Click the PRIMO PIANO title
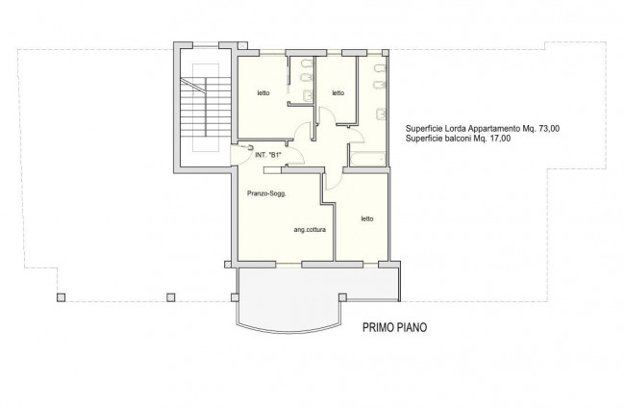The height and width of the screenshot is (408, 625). pos(394,327)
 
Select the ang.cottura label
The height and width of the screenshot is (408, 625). pos(310,230)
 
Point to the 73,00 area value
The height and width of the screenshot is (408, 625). pos(549,129)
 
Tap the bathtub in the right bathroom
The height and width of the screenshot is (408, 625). pos(367,159)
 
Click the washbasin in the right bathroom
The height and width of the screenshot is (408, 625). pos(381,115)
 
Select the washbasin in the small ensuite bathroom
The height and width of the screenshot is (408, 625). pos(309,96)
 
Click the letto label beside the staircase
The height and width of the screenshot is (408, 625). pos(263,93)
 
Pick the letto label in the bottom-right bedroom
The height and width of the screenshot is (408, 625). pos(367,218)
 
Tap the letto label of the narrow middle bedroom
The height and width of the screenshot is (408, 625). pos(338,93)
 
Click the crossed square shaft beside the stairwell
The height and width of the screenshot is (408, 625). pos(243,45)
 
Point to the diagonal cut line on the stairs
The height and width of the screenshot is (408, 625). pos(193,86)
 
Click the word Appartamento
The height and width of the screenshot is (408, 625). pos(494,129)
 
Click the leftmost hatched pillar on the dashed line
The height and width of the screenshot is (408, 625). pos(61,297)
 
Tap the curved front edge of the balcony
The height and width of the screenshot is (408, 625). pos(289,329)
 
